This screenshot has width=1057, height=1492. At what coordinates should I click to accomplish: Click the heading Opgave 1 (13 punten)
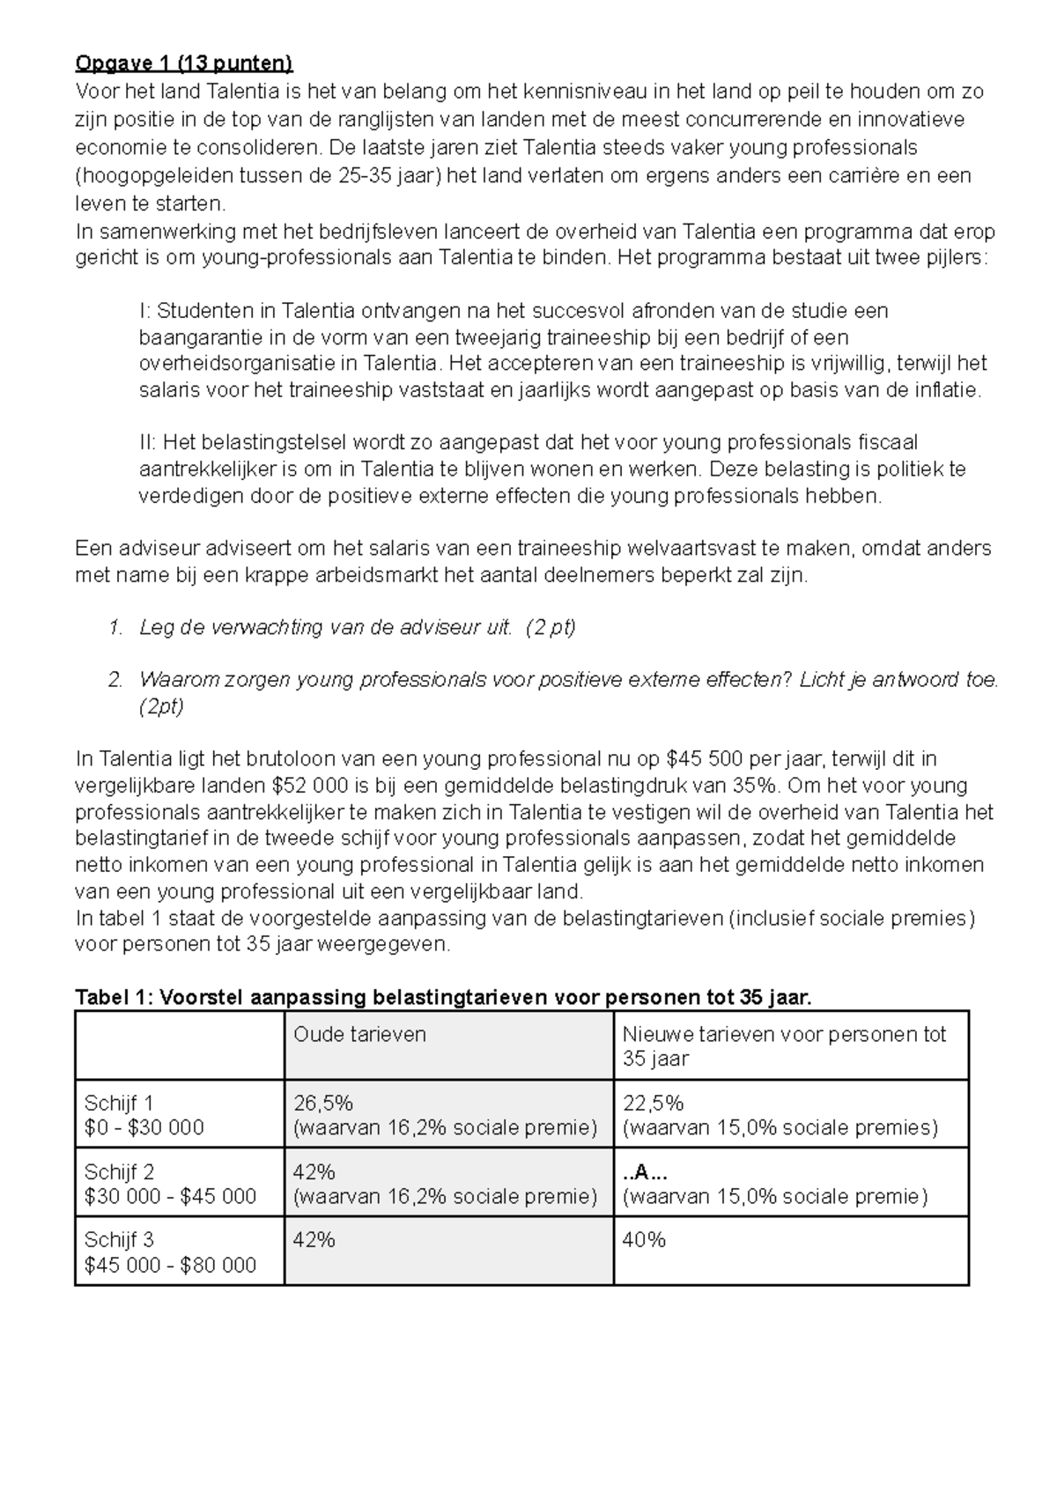pos(184,63)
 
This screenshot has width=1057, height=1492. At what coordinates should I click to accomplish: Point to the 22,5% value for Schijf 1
pos(653,1103)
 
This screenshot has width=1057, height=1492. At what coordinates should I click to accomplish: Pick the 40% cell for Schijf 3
pos(644,1240)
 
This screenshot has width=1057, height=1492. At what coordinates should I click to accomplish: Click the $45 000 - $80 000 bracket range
pos(170,1266)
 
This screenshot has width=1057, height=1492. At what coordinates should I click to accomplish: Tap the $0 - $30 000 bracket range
pos(144,1128)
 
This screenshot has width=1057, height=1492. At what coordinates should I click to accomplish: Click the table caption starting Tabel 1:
pos(443,997)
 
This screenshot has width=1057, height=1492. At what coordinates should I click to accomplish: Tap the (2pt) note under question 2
pos(161,706)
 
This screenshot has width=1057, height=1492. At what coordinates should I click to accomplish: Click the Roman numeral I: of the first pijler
pos(145,311)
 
